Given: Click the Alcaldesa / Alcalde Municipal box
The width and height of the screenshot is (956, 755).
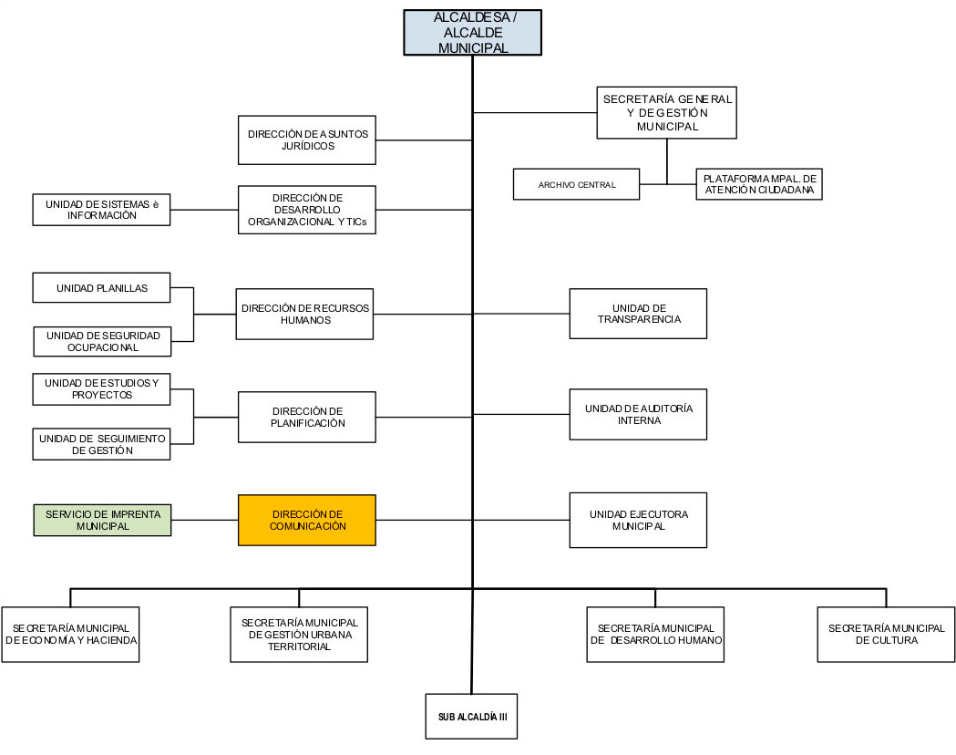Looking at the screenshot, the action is [x=472, y=32].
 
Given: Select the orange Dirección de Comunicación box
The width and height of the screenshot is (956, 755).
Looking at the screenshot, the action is [x=307, y=521].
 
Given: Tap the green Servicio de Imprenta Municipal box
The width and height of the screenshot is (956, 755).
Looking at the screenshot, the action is [x=102, y=521].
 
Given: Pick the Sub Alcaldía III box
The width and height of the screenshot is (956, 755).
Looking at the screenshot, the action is [x=471, y=717].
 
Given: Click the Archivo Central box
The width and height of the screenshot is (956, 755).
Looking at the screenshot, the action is [x=576, y=184].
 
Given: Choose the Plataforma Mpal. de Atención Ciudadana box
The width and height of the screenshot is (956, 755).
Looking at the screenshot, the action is [x=759, y=184].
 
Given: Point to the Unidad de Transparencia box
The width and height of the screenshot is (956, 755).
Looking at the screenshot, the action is [x=638, y=314].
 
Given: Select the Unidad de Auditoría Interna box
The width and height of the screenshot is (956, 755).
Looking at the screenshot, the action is [x=638, y=414].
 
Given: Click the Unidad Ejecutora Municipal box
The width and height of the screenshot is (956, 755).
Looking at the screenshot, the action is [x=638, y=521].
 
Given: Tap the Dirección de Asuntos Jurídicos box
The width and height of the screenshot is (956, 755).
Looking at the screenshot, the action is [x=307, y=140].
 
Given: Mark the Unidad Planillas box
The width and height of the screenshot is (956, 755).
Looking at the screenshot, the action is [x=101, y=288].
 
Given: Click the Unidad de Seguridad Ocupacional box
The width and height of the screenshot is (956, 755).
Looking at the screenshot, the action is [x=102, y=342].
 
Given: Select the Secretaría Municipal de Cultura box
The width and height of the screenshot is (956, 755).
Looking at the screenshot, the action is [x=886, y=635].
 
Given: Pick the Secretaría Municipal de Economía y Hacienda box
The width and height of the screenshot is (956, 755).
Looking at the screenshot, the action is [x=71, y=635].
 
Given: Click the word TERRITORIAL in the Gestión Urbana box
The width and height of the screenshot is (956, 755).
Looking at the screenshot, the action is [x=299, y=646].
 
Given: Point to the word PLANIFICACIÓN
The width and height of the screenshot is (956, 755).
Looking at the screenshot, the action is [x=308, y=423].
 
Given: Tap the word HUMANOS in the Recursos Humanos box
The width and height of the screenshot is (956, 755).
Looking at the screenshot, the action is [x=305, y=320].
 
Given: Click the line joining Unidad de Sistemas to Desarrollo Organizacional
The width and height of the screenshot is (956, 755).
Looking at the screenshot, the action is [x=204, y=210].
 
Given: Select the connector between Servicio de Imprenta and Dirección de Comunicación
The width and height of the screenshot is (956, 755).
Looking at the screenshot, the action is [x=205, y=521].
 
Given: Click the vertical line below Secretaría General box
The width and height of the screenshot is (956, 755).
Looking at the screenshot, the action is [x=667, y=161].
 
